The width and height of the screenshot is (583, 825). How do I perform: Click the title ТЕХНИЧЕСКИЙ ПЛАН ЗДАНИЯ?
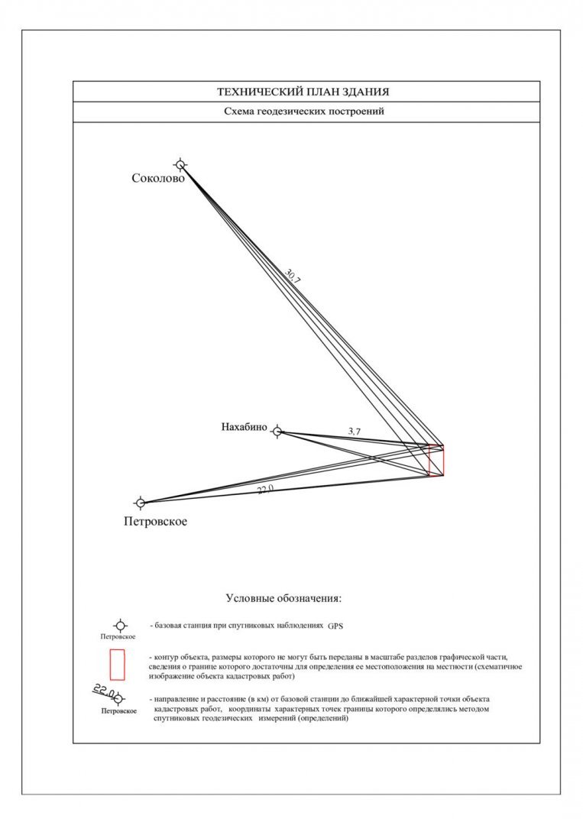pyautogui.click(x=303, y=92)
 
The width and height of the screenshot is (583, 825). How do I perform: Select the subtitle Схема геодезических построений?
pyautogui.click(x=303, y=112)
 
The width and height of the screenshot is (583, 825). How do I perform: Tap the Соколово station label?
pyautogui.click(x=157, y=179)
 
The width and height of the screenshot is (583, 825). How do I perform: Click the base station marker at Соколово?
pyautogui.click(x=180, y=164)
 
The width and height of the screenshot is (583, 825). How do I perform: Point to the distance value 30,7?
pyautogui.click(x=293, y=277)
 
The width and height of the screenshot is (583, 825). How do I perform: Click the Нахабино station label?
pyautogui.click(x=244, y=428)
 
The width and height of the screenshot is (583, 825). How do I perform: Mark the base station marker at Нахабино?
pyautogui.click(x=277, y=432)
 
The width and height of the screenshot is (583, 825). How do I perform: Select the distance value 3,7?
pyautogui.click(x=355, y=432)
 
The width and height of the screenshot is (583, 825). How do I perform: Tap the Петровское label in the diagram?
pyautogui.click(x=155, y=522)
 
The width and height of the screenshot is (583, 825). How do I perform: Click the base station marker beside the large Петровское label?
pyautogui.click(x=140, y=503)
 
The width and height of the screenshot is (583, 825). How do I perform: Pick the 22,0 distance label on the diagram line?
pyautogui.click(x=265, y=489)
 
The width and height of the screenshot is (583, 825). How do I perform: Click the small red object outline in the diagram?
pyautogui.click(x=436, y=461)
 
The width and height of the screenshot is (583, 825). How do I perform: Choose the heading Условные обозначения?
pyautogui.click(x=283, y=597)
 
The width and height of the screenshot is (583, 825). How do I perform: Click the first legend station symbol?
pyautogui.click(x=120, y=626)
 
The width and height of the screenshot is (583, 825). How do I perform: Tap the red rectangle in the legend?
pyautogui.click(x=117, y=664)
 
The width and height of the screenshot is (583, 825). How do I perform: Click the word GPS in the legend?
pyautogui.click(x=336, y=626)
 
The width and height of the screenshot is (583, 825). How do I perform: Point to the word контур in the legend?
pyautogui.click(x=169, y=657)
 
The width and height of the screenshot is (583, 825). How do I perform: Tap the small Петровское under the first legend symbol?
pyautogui.click(x=118, y=636)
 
